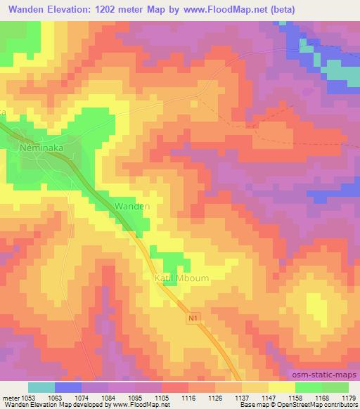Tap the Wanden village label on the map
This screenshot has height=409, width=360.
click(x=131, y=207)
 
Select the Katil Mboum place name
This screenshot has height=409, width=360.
click(x=181, y=278)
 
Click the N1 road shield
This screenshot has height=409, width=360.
click(x=194, y=318)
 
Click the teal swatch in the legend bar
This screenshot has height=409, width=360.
click(x=41, y=387)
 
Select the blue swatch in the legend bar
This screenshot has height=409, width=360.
click(x=68, y=387)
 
